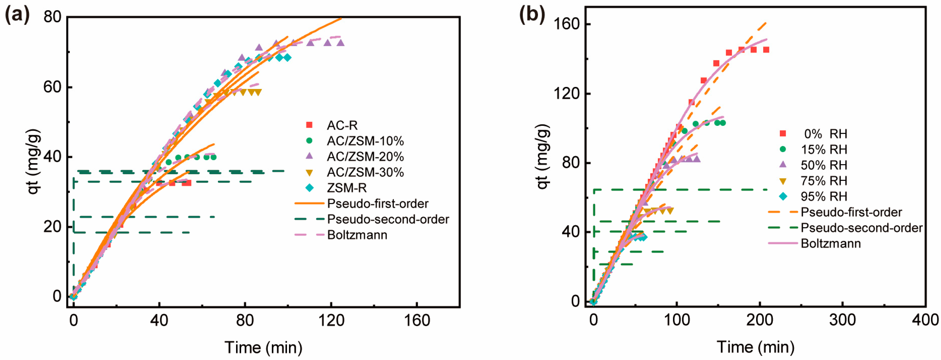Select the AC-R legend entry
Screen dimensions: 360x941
342,125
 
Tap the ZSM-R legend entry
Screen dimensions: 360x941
346,188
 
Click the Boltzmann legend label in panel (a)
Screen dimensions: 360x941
357,235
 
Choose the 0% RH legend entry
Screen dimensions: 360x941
825,134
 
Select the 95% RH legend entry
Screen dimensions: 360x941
824,196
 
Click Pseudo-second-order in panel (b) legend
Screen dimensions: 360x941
861,228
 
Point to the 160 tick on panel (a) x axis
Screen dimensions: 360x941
417,320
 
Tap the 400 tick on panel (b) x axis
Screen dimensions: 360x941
925,320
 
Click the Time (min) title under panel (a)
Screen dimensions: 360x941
263,347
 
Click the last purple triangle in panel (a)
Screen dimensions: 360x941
340,43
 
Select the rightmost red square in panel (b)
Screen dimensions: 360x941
766,50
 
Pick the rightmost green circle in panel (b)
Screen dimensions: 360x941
722,123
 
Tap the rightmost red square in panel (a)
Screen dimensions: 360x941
188,183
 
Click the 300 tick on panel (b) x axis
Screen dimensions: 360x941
842,320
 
